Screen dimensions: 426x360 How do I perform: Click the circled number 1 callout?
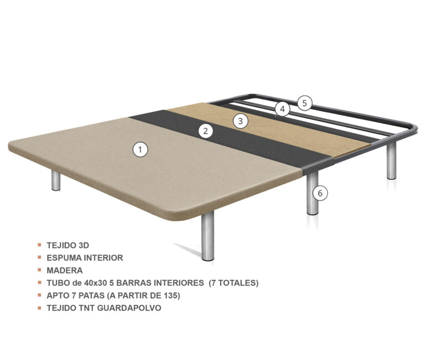[x=140, y=150]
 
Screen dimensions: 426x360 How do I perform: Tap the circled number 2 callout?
[x=206, y=131]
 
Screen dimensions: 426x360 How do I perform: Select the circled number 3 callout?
[x=240, y=121]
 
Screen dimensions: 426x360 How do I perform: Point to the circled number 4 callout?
[x=282, y=109]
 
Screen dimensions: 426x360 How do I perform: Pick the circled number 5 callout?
[x=305, y=103]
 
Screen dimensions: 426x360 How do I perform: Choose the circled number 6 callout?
[x=320, y=193]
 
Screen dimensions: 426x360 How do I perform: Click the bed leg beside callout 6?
[x=312, y=194]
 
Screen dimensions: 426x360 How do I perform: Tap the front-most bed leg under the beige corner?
[x=208, y=236]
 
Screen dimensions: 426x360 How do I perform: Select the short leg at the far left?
[x=56, y=181]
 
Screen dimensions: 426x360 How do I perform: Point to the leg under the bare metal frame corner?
[x=392, y=161]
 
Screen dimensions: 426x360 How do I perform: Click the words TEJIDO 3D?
[x=68, y=245]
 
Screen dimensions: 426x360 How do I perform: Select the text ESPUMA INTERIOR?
[x=85, y=258]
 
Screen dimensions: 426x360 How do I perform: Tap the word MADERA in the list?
[x=65, y=270]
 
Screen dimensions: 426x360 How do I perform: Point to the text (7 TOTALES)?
[x=234, y=283]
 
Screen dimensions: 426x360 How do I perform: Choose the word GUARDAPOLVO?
[x=129, y=308]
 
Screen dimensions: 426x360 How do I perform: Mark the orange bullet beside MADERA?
[x=39, y=270]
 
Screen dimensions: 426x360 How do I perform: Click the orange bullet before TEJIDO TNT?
[x=39, y=308]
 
